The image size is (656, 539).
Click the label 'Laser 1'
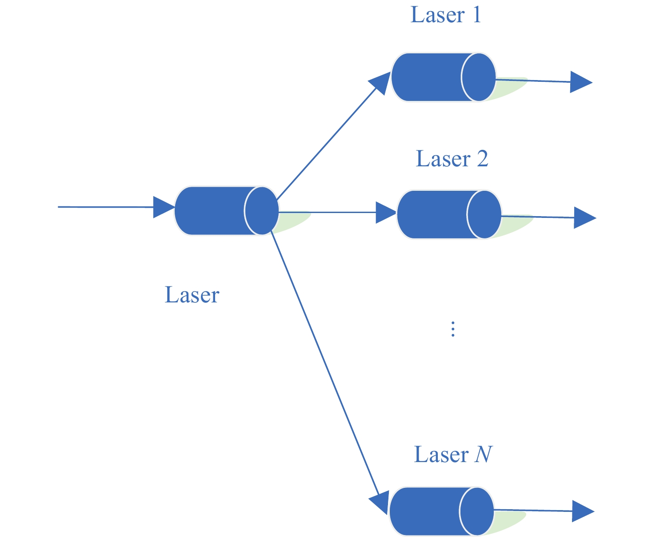tap(446, 15)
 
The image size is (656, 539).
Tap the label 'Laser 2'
tap(452, 159)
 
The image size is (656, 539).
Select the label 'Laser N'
tap(453, 455)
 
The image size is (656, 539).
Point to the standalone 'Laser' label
tap(192, 295)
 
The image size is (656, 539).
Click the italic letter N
tap(484, 455)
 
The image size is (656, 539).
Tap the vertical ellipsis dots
tap(452, 329)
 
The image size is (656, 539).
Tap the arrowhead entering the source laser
tap(163, 207)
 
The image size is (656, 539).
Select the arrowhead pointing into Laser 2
tap(385, 213)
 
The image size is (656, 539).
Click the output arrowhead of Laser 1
tap(580, 82)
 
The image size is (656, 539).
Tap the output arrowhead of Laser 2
tap(584, 218)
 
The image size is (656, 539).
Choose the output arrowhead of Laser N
tap(582, 511)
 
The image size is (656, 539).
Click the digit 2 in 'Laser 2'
tap(482, 159)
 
